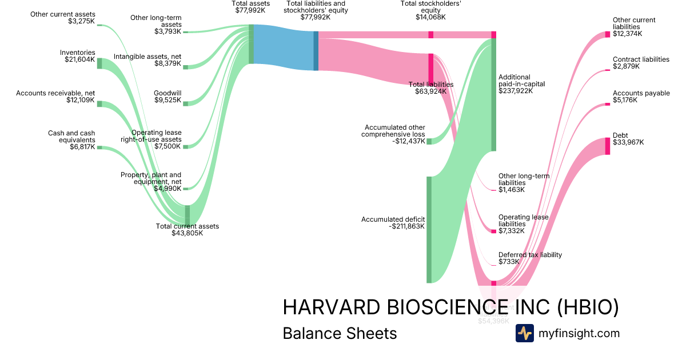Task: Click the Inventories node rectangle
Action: (x=99, y=63)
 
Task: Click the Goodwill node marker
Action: (x=185, y=103)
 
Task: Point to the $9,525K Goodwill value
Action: (x=167, y=100)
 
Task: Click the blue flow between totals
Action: (x=283, y=47)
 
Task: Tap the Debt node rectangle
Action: (x=608, y=146)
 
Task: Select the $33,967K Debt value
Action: (x=628, y=142)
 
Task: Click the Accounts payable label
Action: (x=641, y=93)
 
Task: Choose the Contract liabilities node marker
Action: (x=608, y=70)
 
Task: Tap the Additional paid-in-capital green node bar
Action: (x=493, y=94)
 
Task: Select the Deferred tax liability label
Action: (x=530, y=255)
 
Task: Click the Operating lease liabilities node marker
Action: (x=493, y=231)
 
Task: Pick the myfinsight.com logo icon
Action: (x=524, y=333)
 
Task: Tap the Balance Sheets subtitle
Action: (x=340, y=333)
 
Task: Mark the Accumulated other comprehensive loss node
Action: (x=429, y=141)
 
